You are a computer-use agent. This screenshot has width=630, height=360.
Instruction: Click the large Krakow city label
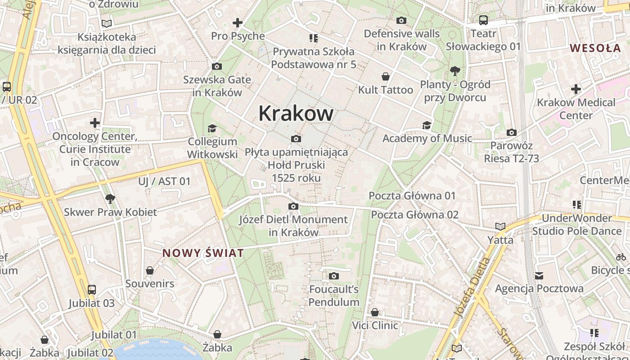296,113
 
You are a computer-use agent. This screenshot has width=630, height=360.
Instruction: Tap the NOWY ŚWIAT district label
203,253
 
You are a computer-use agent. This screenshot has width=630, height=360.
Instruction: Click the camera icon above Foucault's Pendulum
333,276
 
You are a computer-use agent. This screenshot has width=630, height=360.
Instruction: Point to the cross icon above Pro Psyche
237,22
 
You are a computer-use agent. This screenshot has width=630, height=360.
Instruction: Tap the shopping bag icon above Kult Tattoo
385,76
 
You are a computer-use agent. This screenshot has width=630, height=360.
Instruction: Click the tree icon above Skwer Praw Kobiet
109,198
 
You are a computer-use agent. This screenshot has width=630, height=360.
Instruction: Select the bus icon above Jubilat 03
92,290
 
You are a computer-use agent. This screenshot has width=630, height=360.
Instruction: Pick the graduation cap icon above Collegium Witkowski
212,129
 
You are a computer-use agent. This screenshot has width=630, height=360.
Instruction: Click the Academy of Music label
427,139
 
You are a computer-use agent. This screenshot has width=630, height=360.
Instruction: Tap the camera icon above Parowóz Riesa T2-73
511,133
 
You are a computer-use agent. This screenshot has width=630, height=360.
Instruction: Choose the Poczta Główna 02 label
414,215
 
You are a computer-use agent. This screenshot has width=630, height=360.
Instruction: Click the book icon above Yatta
500,226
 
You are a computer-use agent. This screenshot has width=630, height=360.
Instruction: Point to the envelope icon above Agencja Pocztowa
539,275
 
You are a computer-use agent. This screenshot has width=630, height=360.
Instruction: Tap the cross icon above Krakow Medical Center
576,89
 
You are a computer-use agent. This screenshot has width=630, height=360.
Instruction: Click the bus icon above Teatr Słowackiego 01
483,20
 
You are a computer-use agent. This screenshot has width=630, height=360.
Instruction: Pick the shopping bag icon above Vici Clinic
374,312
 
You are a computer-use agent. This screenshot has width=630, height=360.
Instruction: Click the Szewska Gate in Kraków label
217,86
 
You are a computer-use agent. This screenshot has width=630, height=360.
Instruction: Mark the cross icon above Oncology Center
94,122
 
